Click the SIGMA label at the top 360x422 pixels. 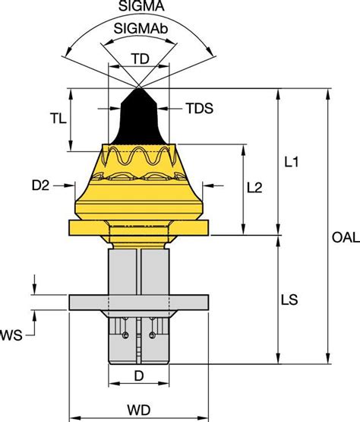coord(138,6)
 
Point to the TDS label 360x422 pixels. coord(198,109)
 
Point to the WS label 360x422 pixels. coord(12,334)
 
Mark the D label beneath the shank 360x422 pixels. coord(139,376)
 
